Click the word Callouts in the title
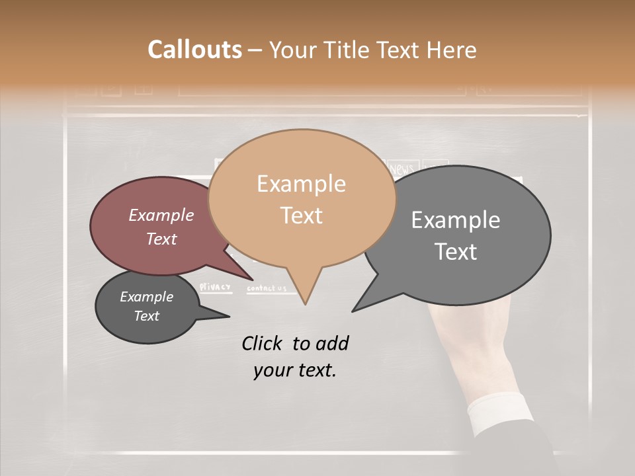(194, 50)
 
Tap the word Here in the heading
(452, 50)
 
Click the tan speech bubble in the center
(302, 198)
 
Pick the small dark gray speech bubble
(147, 307)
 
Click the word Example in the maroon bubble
(161, 216)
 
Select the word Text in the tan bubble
(302, 216)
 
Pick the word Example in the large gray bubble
(456, 220)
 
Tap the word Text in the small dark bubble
(147, 316)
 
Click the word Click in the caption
(263, 343)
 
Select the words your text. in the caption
(295, 370)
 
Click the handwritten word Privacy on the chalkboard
(216, 287)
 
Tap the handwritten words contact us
(267, 288)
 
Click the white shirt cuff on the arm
(497, 409)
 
